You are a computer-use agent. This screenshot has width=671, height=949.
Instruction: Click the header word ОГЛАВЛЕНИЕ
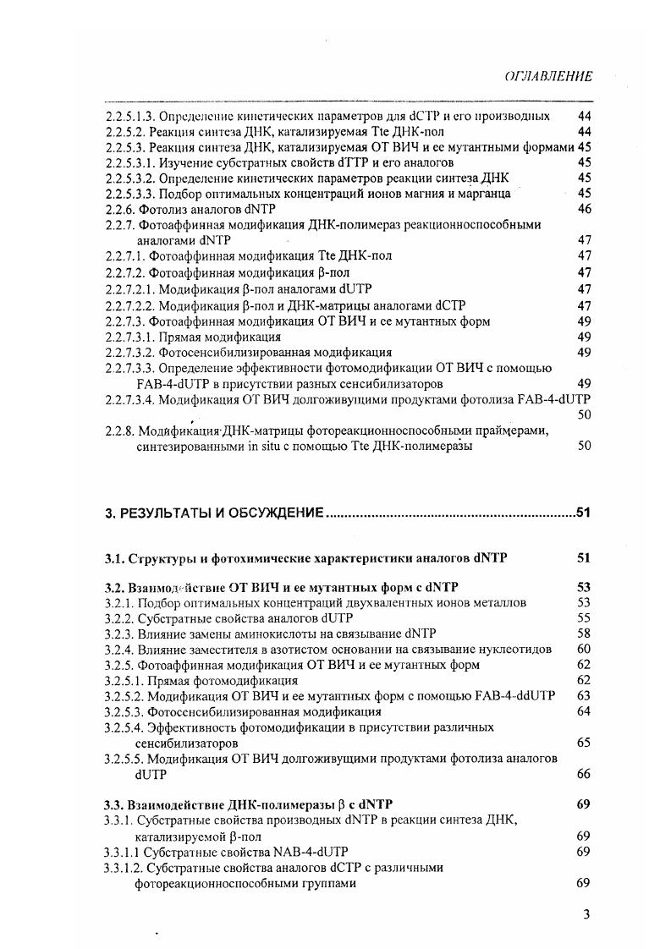pos(547,76)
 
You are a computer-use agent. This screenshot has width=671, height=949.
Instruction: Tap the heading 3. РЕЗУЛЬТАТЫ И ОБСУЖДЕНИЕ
pos(215,513)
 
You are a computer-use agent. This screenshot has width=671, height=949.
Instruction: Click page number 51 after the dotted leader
pos(583,513)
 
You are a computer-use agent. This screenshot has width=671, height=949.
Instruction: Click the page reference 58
pos(583,634)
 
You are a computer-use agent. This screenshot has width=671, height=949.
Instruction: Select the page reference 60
pos(583,649)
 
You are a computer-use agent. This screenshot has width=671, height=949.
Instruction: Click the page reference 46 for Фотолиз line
pos(583,208)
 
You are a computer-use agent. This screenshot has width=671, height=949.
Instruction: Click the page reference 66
pos(583,774)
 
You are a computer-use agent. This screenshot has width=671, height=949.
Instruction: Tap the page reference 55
pos(583,618)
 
